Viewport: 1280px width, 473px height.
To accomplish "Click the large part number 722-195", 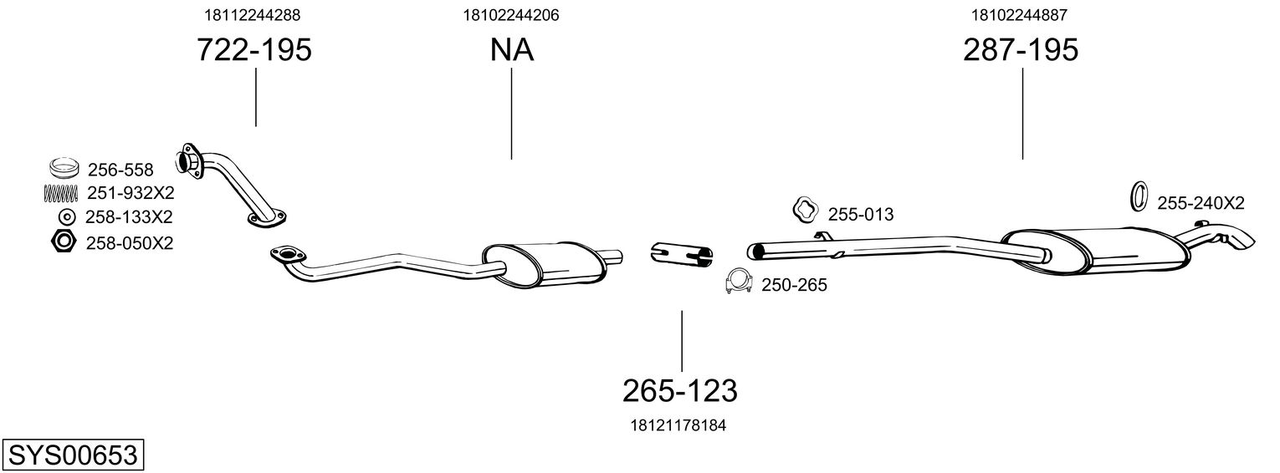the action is point(253,50).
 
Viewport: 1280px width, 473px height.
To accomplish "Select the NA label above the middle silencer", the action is point(511,50).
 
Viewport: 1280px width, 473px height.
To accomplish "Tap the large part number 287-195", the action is point(1020,50).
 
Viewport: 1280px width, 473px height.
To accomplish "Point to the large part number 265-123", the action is point(679,390).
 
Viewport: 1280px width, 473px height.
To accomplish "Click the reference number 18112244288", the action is point(252,14).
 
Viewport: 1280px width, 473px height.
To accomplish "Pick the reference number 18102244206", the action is point(510,14).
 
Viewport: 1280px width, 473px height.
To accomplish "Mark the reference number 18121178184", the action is point(678,425).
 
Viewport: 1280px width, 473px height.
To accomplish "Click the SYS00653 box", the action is point(72,455).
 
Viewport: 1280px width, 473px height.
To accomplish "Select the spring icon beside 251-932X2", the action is point(61,193).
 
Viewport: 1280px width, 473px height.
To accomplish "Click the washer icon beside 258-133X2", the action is point(65,217).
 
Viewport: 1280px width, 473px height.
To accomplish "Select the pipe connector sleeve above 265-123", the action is point(681,252).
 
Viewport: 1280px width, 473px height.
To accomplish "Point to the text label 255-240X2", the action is point(1201,203).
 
